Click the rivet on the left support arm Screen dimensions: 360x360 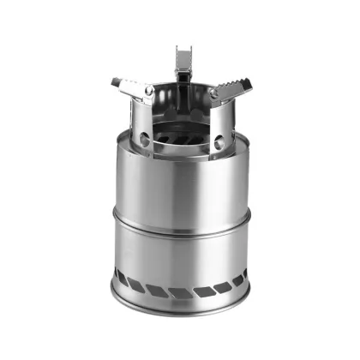[148, 90]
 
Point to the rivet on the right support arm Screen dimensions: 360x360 [212, 92]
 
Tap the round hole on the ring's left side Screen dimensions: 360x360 [144, 139]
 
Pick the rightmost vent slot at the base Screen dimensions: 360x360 [243, 278]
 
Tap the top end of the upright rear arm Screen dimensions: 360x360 [182, 49]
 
